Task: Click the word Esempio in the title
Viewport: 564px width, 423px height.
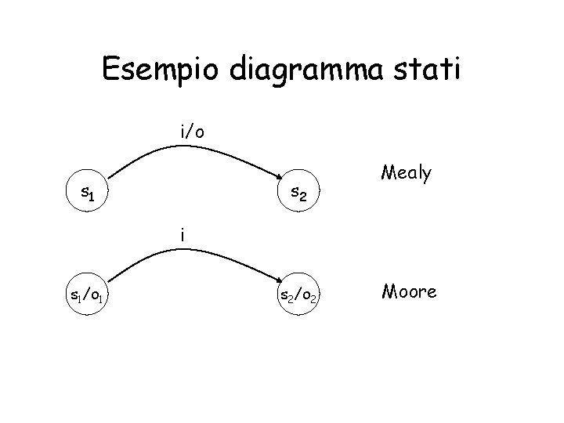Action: [162, 70]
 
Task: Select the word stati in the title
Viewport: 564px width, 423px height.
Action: [428, 70]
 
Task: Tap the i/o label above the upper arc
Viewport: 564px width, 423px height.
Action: [192, 132]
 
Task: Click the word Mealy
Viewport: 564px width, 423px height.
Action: [406, 174]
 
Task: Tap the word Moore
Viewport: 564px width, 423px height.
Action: [409, 292]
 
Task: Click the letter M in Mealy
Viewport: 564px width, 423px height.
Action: [387, 172]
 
